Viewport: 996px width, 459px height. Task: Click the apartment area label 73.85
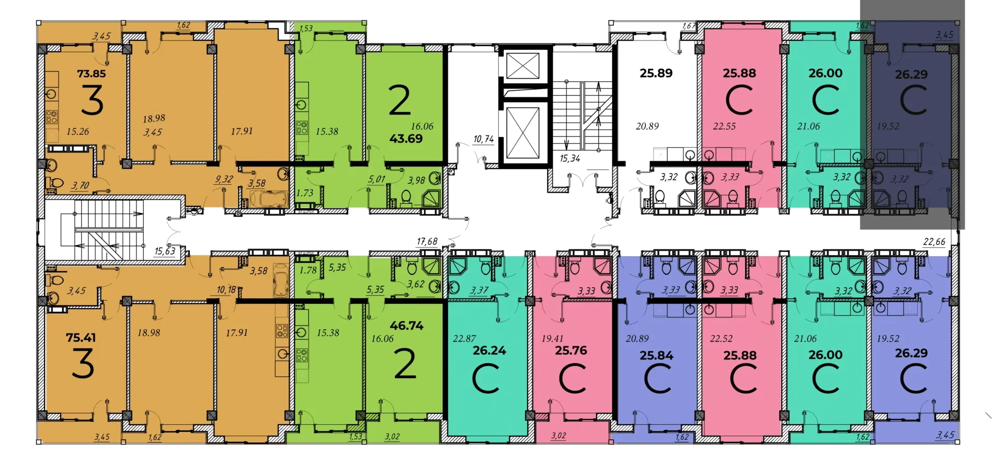point(91,74)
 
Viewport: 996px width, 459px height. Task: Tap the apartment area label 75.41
point(81,338)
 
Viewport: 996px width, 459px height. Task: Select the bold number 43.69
point(406,138)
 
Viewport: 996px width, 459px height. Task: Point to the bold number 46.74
point(407,326)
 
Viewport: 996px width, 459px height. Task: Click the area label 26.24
point(489,351)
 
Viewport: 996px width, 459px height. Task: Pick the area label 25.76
point(571,351)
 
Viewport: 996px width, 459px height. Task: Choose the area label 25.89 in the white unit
point(656,73)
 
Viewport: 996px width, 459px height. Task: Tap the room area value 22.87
point(464,339)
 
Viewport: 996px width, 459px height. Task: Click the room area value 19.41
point(552,339)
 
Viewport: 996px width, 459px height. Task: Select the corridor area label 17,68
point(427,242)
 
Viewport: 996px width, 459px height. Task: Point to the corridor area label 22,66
point(934,242)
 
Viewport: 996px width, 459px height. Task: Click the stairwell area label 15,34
point(570,159)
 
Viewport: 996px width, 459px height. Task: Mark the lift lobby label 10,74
point(483,139)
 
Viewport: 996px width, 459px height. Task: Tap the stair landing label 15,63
point(165,251)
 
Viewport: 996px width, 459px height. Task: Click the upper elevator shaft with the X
point(522,66)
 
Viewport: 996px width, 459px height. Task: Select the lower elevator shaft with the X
point(522,133)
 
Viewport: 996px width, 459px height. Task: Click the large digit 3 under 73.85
point(92,101)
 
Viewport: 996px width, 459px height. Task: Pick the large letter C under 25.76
point(573,378)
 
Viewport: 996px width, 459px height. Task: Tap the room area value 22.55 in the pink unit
point(724,126)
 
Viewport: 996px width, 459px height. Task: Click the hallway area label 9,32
point(224,179)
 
